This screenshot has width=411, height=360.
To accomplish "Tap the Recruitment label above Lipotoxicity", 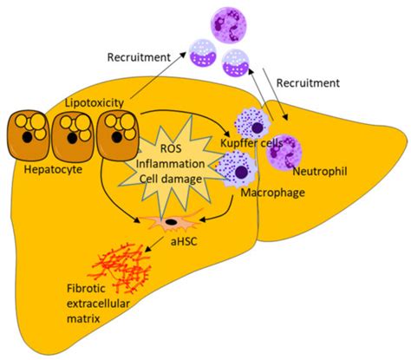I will click(x=138, y=58).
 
